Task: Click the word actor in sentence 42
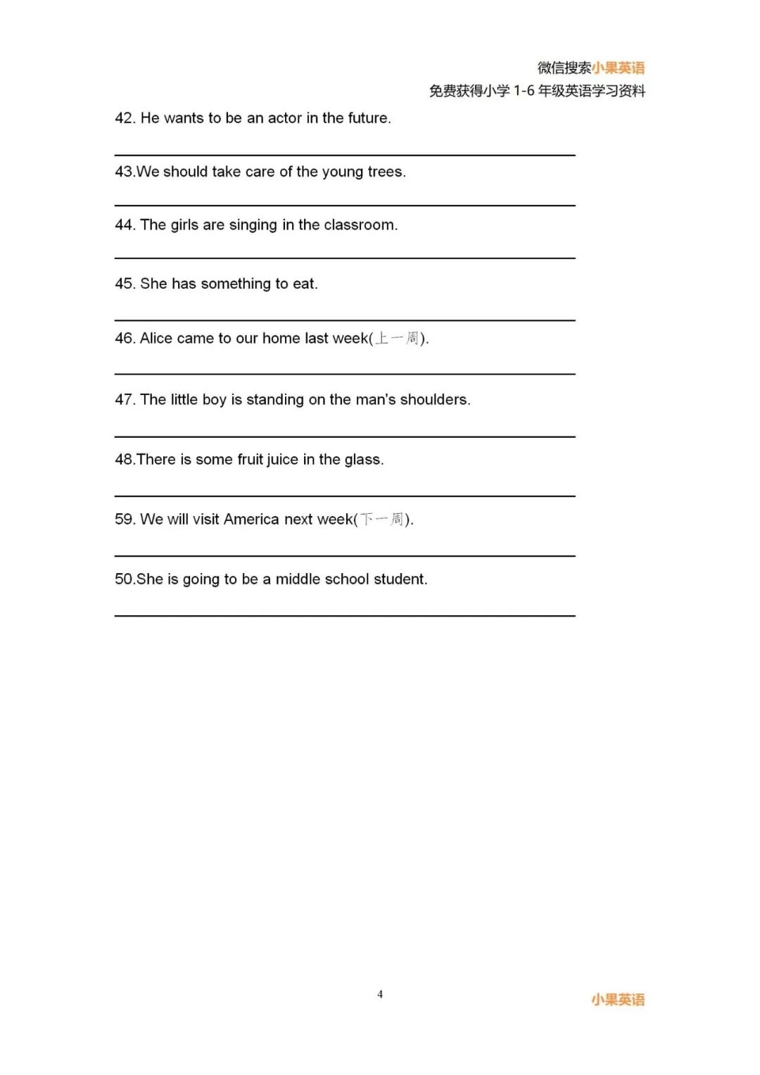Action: [284, 118]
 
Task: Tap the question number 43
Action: [124, 172]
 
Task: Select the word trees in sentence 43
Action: [385, 172]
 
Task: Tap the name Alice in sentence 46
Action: [156, 339]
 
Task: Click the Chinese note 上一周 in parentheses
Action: [397, 339]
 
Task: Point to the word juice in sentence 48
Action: [282, 460]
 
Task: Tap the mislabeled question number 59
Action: [124, 520]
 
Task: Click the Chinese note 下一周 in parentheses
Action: [382, 520]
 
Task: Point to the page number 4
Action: [380, 994]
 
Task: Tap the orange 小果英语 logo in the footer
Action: [618, 1000]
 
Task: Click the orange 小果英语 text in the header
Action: [618, 68]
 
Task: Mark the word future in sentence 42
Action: [367, 118]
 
